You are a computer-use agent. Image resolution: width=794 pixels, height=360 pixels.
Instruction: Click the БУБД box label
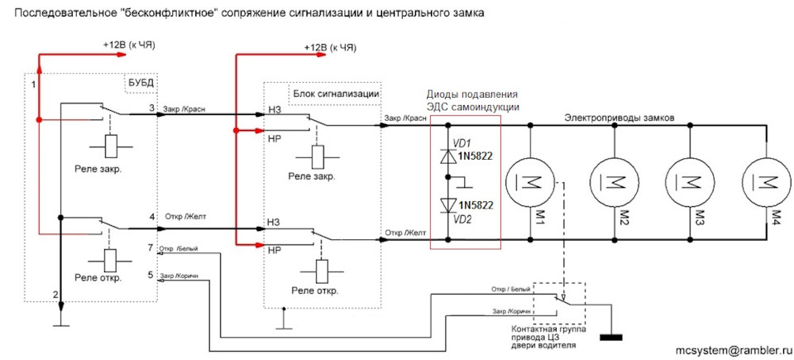point(141,83)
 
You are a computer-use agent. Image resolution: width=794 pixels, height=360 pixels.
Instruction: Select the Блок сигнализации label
point(335,94)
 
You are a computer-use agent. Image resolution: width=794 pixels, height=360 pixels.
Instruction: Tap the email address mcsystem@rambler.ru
point(731,350)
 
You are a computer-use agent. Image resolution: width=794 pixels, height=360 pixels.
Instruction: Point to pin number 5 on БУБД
point(151,275)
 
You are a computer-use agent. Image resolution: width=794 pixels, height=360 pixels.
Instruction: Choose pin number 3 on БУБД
point(151,108)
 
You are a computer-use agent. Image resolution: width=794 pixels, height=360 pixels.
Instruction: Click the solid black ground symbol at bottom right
point(613,337)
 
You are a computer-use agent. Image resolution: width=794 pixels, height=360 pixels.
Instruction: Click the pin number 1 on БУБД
point(33,84)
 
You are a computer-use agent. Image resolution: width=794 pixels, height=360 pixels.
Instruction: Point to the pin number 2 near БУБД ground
point(55,295)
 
